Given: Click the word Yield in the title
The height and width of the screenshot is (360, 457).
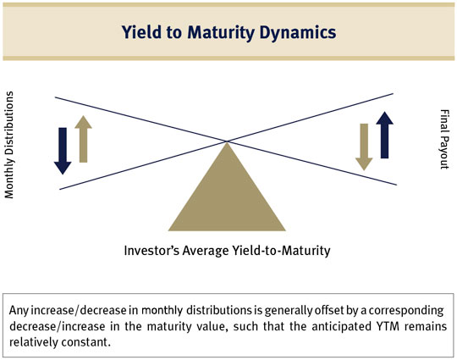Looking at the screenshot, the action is pos(141,32).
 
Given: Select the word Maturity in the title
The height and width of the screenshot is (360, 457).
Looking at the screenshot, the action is pos(221,33).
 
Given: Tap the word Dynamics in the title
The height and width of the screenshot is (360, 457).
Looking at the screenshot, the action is pos(298,33).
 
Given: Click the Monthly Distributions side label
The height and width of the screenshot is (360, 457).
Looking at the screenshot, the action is pos(9,145).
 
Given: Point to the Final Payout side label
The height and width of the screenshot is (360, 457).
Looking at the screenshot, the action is pos(444,139).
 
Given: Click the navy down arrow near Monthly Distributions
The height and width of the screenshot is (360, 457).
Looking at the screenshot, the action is pos(63,151).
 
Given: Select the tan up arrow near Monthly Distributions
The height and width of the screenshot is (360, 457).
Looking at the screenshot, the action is pos(83,139).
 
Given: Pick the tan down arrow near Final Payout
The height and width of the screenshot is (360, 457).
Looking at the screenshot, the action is pos(364,147).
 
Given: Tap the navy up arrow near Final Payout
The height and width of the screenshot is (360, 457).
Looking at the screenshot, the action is pos(385,135).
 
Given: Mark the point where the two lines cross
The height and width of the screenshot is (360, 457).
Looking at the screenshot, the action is pos(227,141).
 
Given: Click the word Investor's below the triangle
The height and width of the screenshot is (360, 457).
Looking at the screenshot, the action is pos(151,251).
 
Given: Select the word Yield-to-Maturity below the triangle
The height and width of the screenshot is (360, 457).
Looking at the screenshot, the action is pos(281,251).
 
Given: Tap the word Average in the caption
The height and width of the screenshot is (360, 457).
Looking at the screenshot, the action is pos(206,251).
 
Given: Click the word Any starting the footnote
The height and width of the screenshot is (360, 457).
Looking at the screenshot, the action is pos(19,311).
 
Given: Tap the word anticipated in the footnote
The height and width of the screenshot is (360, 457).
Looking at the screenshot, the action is pos(339,326).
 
